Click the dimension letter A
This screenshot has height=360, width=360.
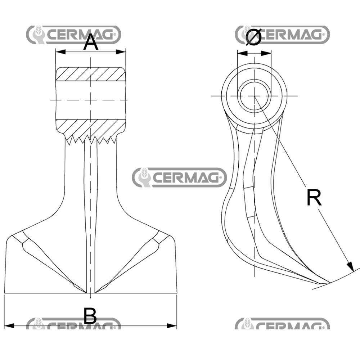91,43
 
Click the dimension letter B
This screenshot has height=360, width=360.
90,316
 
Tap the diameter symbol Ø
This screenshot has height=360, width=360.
253,37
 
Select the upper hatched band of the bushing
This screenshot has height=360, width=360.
91,74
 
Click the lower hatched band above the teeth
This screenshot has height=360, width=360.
91,127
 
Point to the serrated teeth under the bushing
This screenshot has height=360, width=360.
91,139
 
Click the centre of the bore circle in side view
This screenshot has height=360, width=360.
254,96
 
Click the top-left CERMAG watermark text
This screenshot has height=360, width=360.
81,35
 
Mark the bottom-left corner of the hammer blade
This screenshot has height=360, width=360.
5,292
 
